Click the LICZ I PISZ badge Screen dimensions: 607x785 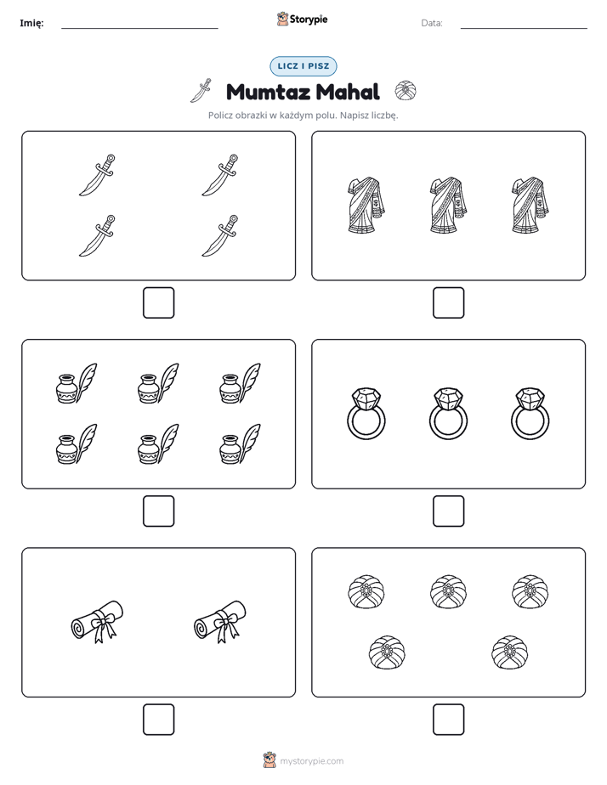point(303,66)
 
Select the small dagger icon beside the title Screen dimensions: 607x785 point(201,91)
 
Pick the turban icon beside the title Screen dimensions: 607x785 point(406,91)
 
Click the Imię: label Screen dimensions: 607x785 point(31,23)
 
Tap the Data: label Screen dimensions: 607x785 point(432,23)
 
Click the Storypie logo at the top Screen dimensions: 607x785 point(302,19)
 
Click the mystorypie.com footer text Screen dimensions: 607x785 point(311,761)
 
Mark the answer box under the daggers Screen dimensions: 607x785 point(159,303)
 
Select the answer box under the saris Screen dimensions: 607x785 point(448,303)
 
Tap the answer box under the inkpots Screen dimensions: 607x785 point(159,511)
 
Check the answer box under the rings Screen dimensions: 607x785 point(448,511)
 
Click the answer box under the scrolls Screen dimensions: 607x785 point(159,720)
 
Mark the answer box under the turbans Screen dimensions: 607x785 point(448,720)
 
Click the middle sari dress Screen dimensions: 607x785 point(448,206)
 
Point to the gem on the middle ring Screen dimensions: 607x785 point(448,398)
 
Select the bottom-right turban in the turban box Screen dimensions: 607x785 point(510,652)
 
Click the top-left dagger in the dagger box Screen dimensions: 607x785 point(97,175)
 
